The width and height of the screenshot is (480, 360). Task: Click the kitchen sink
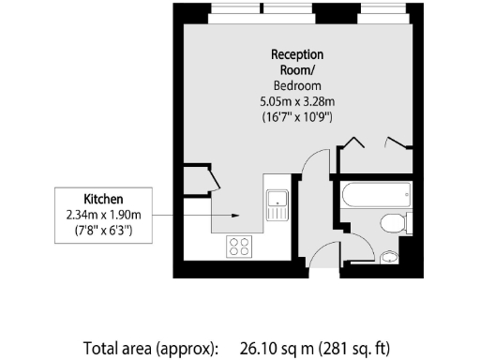(x=277, y=202)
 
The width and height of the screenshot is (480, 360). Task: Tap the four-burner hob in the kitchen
(x=240, y=247)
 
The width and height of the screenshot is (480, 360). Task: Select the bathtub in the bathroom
(x=375, y=198)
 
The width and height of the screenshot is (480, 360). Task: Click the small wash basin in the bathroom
(x=390, y=255)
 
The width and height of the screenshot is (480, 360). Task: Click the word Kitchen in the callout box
(x=104, y=200)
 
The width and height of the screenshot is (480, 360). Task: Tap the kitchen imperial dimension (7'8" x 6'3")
(x=104, y=230)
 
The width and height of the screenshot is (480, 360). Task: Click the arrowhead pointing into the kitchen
(x=235, y=216)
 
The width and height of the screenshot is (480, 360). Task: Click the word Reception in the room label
(x=297, y=54)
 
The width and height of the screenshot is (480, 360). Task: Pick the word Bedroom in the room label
(x=297, y=85)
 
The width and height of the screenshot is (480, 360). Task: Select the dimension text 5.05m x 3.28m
(x=297, y=101)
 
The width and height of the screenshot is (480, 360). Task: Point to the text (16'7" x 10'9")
(x=297, y=117)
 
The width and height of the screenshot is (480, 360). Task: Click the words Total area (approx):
(x=151, y=348)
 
